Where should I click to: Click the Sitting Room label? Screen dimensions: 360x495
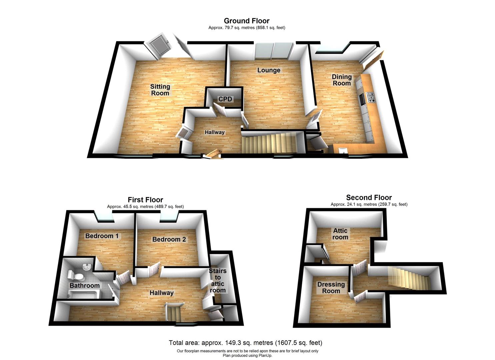[x=160, y=90]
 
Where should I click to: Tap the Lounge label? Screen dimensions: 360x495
[x=269, y=70]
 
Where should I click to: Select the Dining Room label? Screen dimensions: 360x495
[x=342, y=80]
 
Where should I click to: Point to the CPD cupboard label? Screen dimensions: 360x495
[x=225, y=99]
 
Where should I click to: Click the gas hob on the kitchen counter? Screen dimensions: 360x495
[x=371, y=97]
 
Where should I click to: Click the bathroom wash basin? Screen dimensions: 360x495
[x=87, y=266]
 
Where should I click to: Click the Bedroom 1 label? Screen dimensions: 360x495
[x=102, y=236]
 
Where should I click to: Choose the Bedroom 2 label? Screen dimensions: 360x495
[x=169, y=239]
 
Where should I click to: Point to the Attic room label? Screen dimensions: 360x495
[x=340, y=234]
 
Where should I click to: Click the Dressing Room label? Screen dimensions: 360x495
[x=331, y=288]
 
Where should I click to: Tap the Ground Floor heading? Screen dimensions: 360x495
[x=247, y=21]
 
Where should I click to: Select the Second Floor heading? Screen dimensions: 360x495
[x=369, y=198]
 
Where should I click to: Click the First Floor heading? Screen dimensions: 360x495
[x=145, y=200]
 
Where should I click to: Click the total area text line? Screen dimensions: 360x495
[x=245, y=343]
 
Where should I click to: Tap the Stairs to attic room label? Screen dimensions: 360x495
[x=218, y=280]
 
